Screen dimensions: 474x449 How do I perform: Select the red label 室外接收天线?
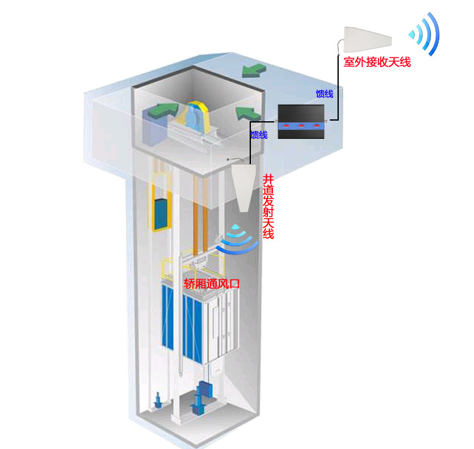[x=377, y=63]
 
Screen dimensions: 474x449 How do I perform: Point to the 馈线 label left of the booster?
[x=259, y=135]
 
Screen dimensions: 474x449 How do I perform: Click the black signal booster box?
[x=301, y=122]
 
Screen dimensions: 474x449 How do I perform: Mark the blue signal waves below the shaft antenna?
[x=236, y=239]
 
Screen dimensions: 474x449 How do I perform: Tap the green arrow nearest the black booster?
[x=247, y=114]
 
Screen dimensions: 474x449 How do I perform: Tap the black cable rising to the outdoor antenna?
[x=337, y=88]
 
